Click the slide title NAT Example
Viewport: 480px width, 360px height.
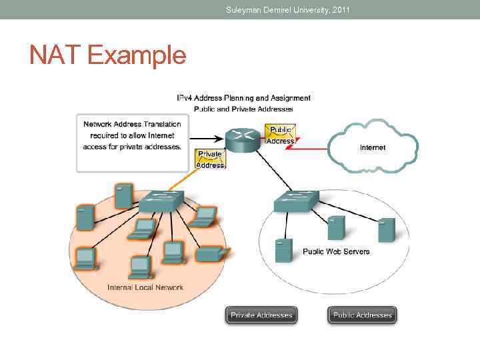click(x=107, y=55)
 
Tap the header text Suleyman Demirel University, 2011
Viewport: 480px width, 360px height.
click(x=287, y=9)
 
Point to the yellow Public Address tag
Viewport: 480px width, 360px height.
click(x=281, y=134)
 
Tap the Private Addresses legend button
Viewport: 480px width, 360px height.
click(x=261, y=315)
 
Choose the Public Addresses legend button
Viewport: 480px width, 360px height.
click(x=362, y=315)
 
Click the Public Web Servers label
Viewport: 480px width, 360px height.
click(x=336, y=251)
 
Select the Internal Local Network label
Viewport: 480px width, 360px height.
click(x=145, y=287)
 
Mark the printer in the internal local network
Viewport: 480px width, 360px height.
click(x=211, y=254)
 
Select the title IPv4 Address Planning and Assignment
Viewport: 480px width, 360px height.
click(x=243, y=98)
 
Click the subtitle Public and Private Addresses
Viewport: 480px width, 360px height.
click(x=243, y=109)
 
